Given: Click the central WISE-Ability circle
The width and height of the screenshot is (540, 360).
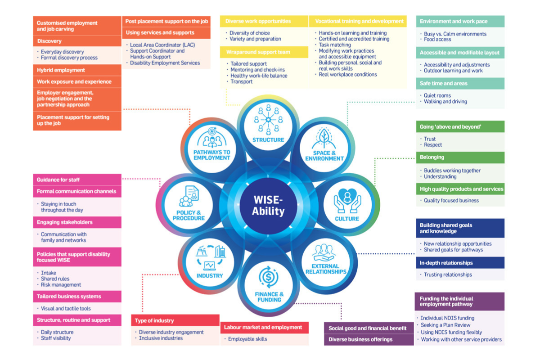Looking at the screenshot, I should pyautogui.click(x=268, y=205).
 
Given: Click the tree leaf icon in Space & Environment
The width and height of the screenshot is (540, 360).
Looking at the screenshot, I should pyautogui.click(x=324, y=138).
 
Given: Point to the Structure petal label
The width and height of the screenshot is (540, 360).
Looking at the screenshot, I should pyautogui.click(x=268, y=140).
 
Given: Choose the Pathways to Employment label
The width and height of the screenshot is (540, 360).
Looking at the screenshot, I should pyautogui.click(x=211, y=155).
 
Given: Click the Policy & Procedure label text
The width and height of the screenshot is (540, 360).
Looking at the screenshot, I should pyautogui.click(x=189, y=215).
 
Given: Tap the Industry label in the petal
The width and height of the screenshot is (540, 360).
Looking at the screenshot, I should pyautogui.click(x=210, y=275).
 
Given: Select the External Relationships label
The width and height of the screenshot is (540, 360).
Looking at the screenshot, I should pyautogui.click(x=326, y=269).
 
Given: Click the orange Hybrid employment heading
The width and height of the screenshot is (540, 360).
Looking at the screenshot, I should pyautogui.click(x=61, y=70).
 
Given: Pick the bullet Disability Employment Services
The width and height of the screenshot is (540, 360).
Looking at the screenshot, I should pyautogui.click(x=165, y=63).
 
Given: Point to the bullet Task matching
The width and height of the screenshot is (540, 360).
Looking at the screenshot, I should pyautogui.click(x=335, y=45).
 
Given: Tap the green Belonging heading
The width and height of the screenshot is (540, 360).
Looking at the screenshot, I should pyautogui.click(x=432, y=157).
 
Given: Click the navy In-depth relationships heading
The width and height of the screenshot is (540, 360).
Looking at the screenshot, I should pyautogui.click(x=446, y=263).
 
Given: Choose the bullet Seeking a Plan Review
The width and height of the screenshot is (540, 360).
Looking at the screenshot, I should pyautogui.click(x=445, y=325).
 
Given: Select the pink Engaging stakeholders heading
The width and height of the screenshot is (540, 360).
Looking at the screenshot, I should pyautogui.click(x=65, y=222).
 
